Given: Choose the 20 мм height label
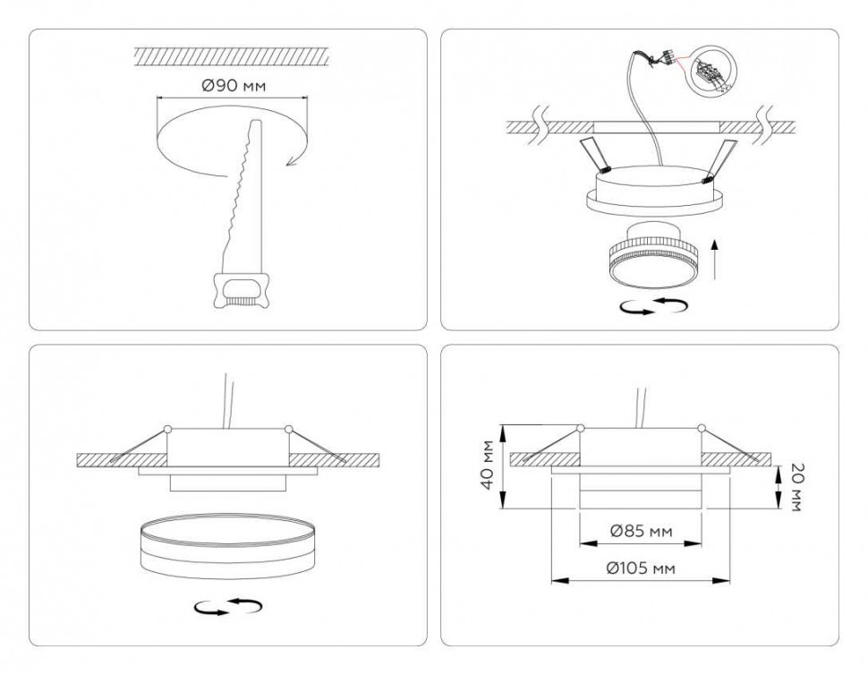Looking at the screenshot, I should coord(795,488).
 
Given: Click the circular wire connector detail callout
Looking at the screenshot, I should coord(712,72).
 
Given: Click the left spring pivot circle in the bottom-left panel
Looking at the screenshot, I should coord(167,428).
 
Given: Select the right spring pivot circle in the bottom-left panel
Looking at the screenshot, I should coord(287,429).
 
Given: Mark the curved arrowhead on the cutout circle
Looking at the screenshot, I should coord(289,161).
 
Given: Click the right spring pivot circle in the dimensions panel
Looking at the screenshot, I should coord(701,428).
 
